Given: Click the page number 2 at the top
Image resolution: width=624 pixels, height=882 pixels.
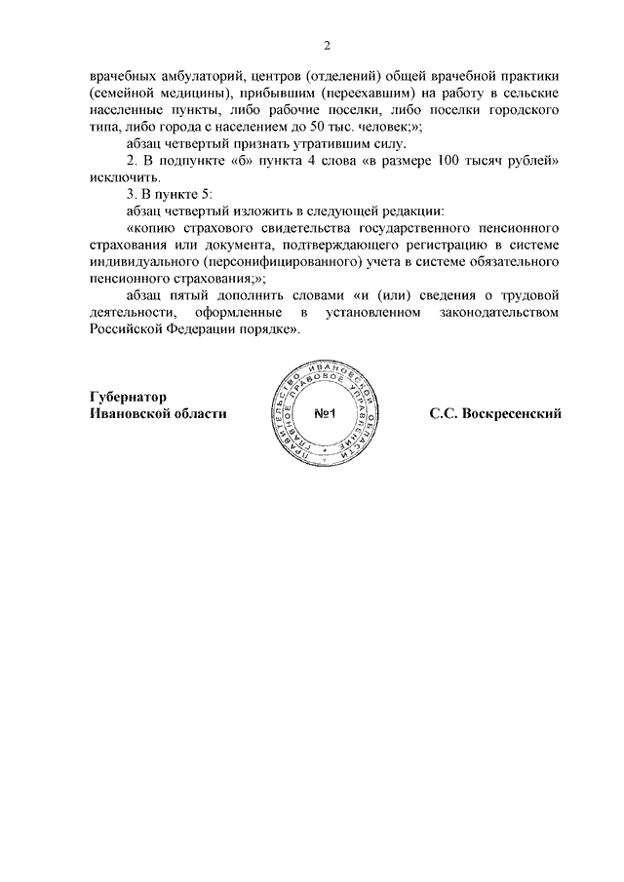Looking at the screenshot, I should point(329,46).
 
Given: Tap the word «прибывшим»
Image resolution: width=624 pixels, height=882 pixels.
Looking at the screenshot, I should point(283,94).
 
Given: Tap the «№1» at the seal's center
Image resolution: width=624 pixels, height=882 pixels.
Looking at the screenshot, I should point(326,414).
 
